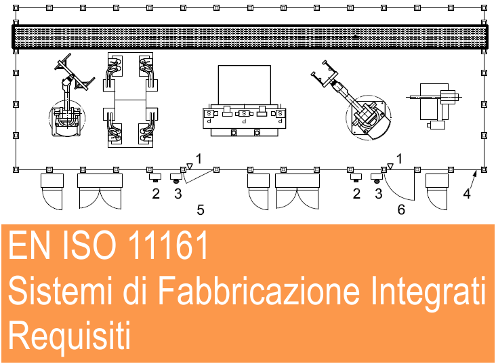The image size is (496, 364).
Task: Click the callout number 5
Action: [x=201, y=209]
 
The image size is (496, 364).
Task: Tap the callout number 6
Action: [x=401, y=209]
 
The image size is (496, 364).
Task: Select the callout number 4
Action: [x=467, y=193]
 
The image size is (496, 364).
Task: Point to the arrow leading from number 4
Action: [x=472, y=180]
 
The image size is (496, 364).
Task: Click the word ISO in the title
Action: [x=89, y=244]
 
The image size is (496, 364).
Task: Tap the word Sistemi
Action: [x=60, y=289]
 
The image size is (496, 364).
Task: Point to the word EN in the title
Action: [x=29, y=244]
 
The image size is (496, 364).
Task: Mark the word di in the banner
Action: [x=134, y=289]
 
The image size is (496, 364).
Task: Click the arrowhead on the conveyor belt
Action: [x=356, y=37]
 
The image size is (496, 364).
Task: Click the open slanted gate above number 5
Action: [x=199, y=177]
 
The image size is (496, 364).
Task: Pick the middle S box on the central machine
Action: [x=244, y=113]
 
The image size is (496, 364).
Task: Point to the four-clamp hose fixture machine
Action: [x=130, y=100]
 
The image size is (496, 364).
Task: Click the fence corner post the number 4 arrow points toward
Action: [x=484, y=169]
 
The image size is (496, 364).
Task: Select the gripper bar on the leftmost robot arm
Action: [x=62, y=62]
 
